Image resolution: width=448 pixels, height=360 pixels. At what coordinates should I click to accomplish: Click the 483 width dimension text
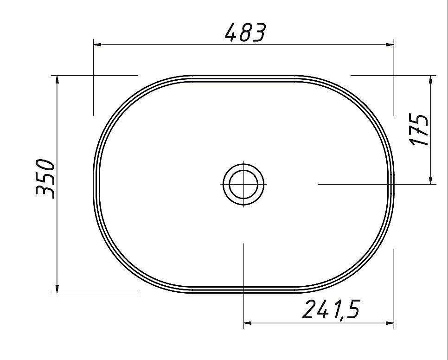pyautogui.click(x=245, y=32)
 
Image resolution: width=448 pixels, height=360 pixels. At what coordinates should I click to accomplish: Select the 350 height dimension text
pyautogui.click(x=45, y=179)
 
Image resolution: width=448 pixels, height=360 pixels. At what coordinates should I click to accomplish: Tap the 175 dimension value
pyautogui.click(x=420, y=130)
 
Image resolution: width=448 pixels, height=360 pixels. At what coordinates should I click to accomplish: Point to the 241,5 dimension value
pyautogui.click(x=331, y=309)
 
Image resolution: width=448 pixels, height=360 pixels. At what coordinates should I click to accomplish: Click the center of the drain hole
pyautogui.click(x=244, y=184)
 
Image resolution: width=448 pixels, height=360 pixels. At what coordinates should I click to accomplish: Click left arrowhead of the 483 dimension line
pyautogui.click(x=97, y=45)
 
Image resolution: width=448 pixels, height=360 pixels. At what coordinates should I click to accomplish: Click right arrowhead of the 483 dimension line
pyautogui.click(x=390, y=45)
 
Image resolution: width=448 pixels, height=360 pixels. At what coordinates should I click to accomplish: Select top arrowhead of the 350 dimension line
pyautogui.click(x=57, y=79)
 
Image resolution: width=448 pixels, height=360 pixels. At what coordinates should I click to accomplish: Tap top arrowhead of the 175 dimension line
pyautogui.click(x=431, y=79)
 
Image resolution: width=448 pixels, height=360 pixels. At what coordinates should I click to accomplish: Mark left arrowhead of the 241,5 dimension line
pyautogui.click(x=248, y=323)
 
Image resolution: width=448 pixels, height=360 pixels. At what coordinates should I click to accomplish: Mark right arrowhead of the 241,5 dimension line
pyautogui.click(x=390, y=323)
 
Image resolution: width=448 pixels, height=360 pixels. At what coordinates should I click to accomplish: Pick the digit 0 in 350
pyautogui.click(x=45, y=166)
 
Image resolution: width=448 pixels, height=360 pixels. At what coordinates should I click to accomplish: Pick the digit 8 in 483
pyautogui.click(x=245, y=32)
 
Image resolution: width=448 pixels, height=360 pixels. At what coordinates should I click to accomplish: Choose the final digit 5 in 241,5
pyautogui.click(x=352, y=309)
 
